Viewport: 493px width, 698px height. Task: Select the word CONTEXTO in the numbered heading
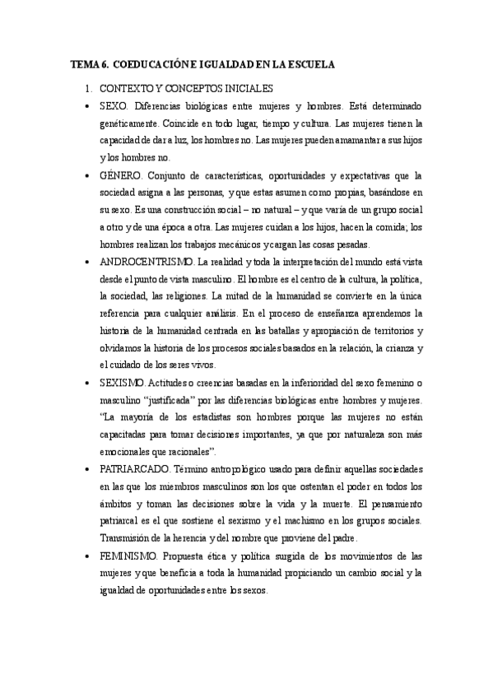click(x=123, y=87)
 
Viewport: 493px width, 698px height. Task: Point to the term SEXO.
click(x=113, y=106)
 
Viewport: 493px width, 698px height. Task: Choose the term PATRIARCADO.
click(x=132, y=468)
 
